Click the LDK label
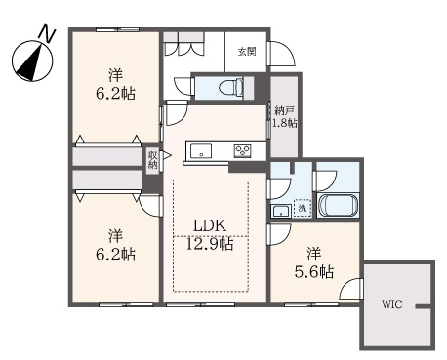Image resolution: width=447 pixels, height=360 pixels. (210, 225)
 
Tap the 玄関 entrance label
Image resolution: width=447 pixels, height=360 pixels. (247, 52)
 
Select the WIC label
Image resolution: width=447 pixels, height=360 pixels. (392, 304)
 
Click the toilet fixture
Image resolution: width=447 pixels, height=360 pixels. (230, 87)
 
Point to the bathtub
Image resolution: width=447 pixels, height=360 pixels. (338, 206)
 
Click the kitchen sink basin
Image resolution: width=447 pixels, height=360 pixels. (201, 151)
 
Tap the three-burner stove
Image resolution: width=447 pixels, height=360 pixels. (242, 151)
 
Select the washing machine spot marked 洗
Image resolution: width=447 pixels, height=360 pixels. (303, 208)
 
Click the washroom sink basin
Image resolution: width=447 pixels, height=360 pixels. (282, 211)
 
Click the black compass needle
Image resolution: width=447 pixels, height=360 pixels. (30, 63)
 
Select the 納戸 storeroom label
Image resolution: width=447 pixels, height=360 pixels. (285, 111)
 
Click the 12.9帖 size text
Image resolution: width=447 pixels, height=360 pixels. (210, 243)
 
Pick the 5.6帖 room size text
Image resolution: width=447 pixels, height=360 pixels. (314, 272)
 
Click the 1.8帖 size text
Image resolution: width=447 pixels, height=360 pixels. (285, 123)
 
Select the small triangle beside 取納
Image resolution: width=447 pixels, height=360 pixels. (167, 155)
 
